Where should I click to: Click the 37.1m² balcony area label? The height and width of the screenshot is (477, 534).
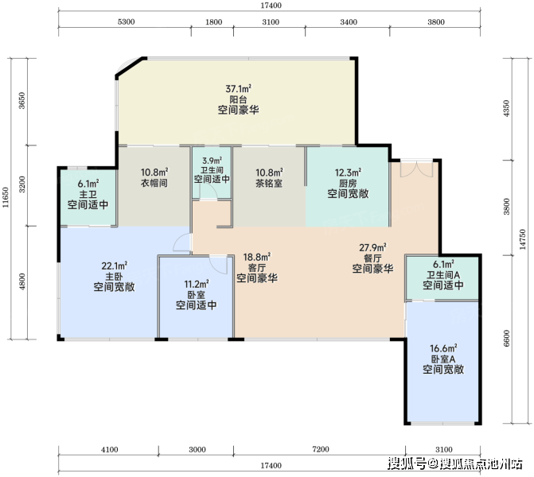click(239, 89)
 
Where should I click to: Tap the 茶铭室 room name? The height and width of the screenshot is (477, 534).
click(269, 184)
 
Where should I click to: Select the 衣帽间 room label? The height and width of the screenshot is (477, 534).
click(154, 183)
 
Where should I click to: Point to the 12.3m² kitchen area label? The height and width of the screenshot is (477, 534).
click(348, 173)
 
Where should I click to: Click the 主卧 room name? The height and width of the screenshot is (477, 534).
click(114, 277)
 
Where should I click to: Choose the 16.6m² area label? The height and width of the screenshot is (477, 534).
click(443, 348)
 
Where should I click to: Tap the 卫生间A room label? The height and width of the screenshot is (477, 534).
click(443, 274)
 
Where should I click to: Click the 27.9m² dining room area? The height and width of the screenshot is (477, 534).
click(372, 247)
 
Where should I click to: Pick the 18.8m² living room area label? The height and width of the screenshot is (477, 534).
click(257, 257)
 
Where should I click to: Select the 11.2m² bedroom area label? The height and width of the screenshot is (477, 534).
click(197, 284)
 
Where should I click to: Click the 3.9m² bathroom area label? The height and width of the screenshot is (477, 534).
click(212, 161)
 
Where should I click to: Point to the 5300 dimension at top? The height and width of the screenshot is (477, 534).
click(126, 21)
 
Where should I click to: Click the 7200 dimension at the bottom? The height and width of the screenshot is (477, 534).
click(321, 449)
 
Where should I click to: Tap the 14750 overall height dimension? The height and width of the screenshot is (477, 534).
click(523, 239)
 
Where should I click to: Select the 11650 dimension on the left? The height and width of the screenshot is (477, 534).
click(6, 198)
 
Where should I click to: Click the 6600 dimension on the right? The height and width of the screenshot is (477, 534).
click(507, 338)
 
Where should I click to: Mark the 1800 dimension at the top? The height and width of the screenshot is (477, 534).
click(213, 22)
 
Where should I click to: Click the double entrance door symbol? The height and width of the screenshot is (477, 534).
click(416, 169)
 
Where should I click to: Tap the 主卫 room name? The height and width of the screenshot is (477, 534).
click(88, 195)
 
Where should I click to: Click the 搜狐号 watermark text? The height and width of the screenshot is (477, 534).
click(407, 463)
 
